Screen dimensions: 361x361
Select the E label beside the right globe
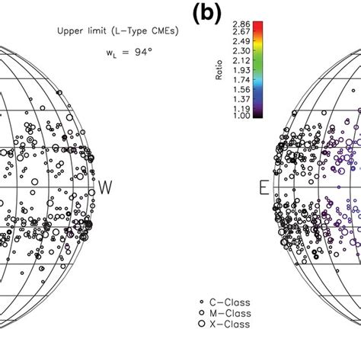coord(264,188)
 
